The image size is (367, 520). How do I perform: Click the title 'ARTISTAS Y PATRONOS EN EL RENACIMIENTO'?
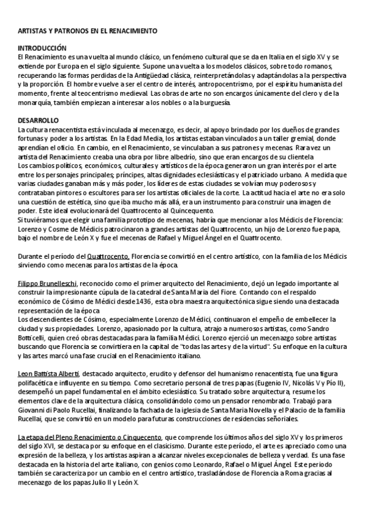87,30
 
